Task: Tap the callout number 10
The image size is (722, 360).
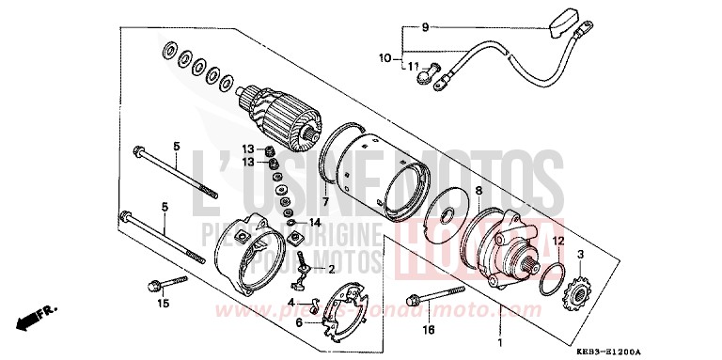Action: (385, 58)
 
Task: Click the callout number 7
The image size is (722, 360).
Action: (323, 201)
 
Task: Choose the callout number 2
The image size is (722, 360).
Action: (332, 268)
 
